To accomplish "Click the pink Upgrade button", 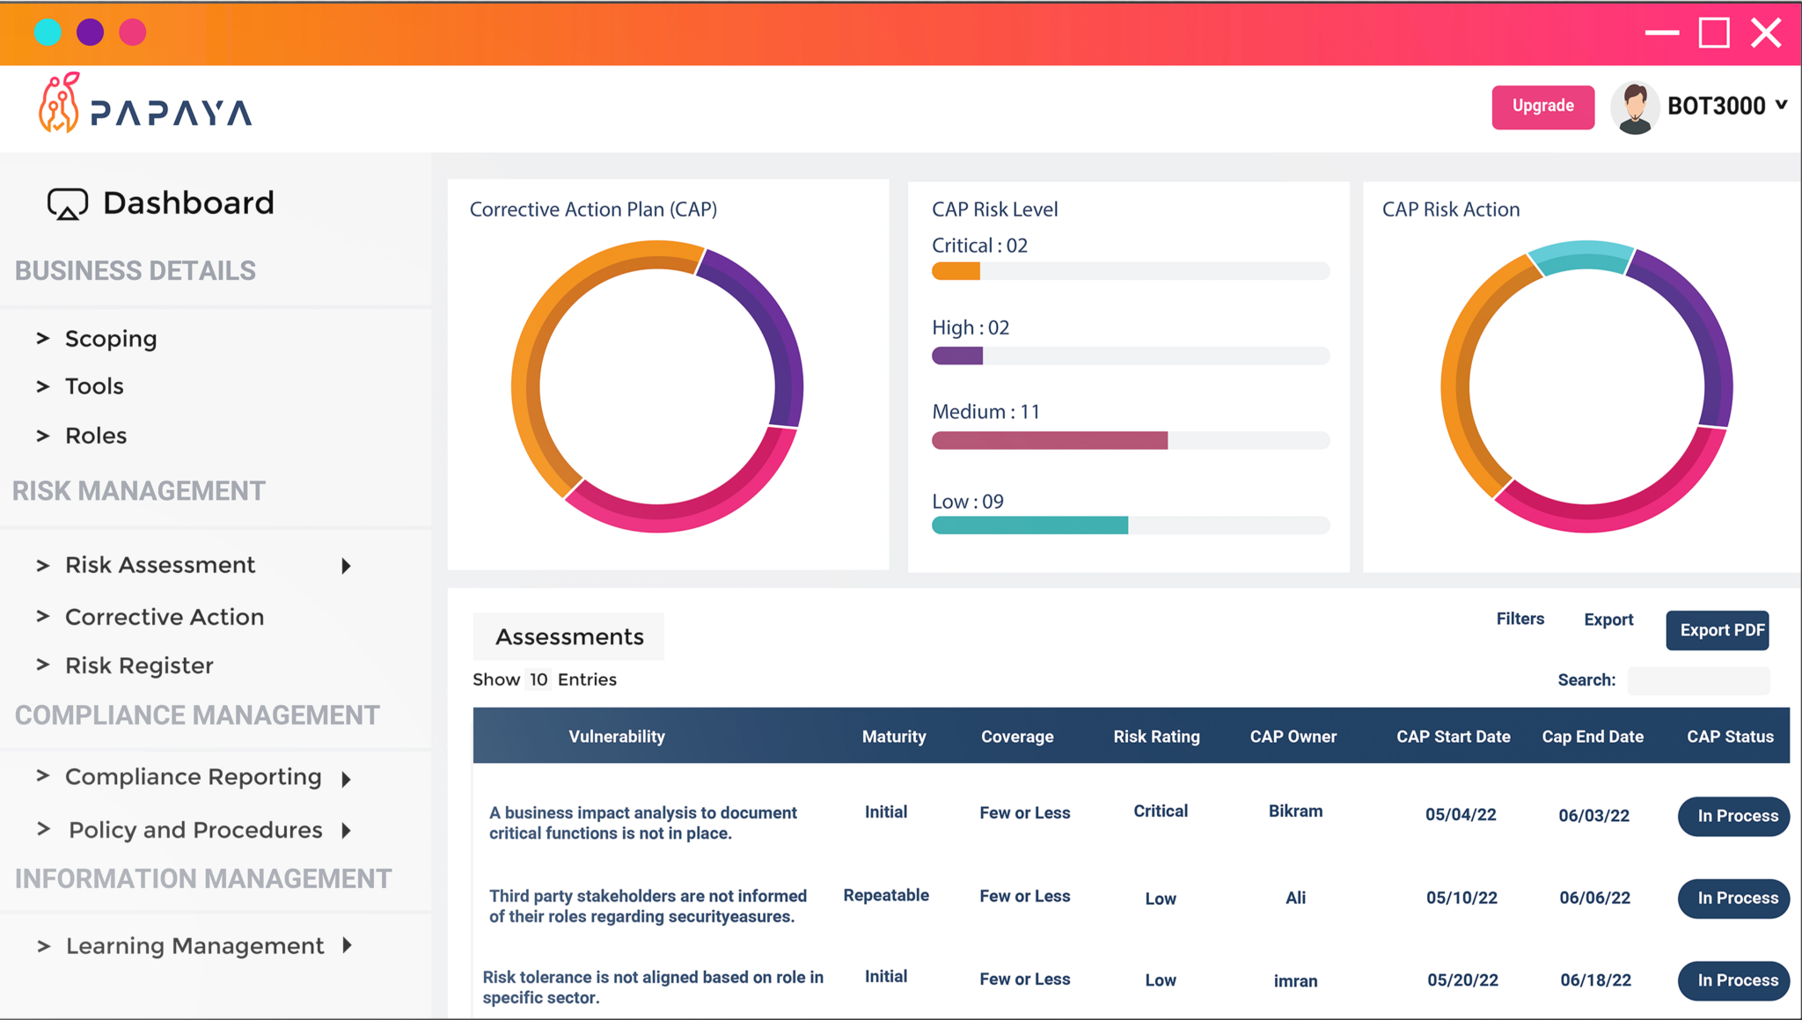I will point(1542,106).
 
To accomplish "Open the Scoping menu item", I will point(111,339).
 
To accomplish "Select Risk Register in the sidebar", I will point(139,665).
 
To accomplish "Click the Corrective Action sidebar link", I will point(165,617).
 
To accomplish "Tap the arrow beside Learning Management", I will point(348,945).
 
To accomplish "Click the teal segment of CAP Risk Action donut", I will point(1581,256).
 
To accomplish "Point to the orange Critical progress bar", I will point(956,272).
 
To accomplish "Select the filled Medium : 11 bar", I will point(1049,440).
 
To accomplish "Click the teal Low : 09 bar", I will point(1029,525).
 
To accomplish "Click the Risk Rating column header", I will point(1156,737).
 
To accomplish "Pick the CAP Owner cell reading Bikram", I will point(1295,811).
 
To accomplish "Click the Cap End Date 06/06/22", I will point(1594,898).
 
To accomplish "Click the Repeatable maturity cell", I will point(886,895).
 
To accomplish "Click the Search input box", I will point(1698,680).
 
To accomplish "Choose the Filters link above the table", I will point(1520,619).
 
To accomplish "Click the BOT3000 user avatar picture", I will point(1635,107).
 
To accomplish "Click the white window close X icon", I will point(1765,33).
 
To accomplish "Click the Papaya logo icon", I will point(59,104).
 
